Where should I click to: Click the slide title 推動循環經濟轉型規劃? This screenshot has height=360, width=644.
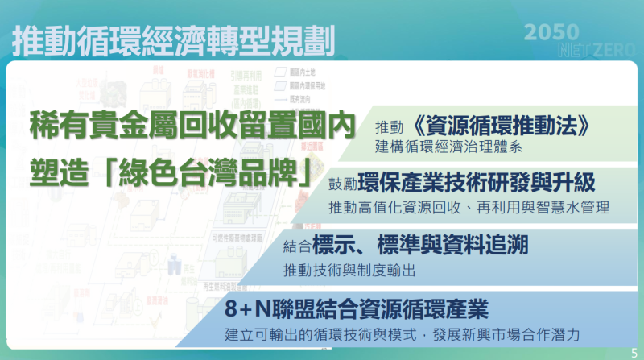173,39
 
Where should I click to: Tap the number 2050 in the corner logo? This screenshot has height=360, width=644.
551,32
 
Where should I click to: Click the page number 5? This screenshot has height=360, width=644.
634,351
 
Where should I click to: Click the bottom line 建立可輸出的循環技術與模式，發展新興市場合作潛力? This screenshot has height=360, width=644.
402,333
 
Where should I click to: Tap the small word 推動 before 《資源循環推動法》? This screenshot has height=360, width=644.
391,129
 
